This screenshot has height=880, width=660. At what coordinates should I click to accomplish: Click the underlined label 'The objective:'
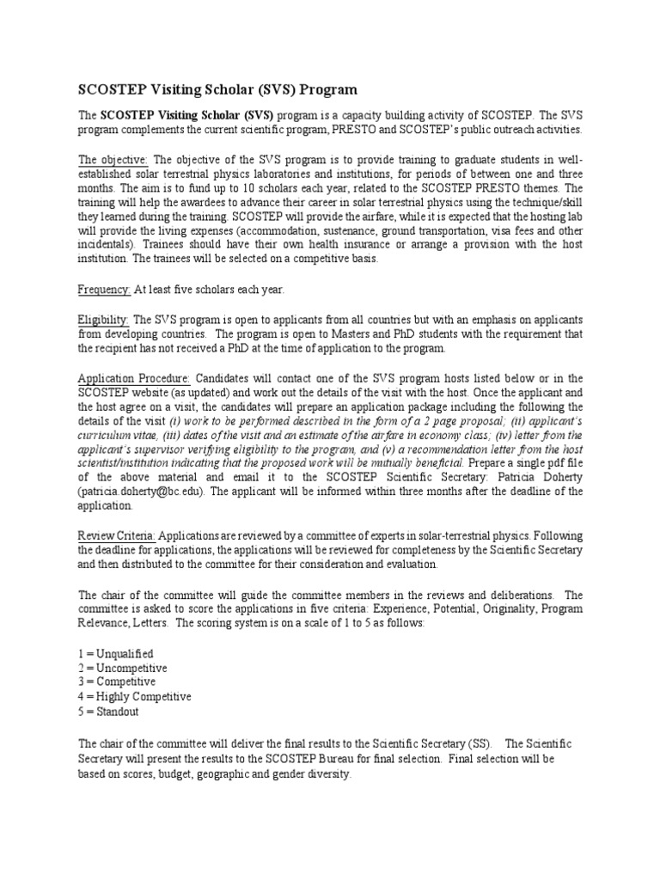click(x=113, y=160)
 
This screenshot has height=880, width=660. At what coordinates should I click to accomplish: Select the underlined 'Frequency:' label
click(x=104, y=290)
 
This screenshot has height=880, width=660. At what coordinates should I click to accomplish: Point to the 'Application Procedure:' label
click(x=135, y=379)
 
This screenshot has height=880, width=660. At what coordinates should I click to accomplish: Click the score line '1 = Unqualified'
click(x=116, y=654)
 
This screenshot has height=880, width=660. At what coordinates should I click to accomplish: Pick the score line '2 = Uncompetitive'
click(x=122, y=668)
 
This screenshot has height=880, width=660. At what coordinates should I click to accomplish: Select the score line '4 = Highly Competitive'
click(x=134, y=697)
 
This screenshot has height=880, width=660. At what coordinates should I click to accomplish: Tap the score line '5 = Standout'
click(x=108, y=712)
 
